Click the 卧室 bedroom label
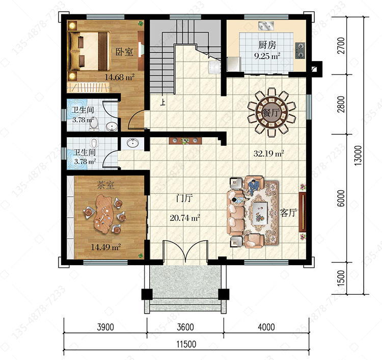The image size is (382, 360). [x=124, y=52]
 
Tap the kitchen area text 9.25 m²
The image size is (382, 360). [x=267, y=56]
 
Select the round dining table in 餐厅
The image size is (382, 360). [x=271, y=113]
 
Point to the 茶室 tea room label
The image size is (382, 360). [x=105, y=185]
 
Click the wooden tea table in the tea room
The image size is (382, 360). [x=104, y=214]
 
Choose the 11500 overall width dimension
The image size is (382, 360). [x=186, y=344]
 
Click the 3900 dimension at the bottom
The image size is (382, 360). [x=105, y=327]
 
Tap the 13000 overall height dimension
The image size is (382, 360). [x=358, y=156]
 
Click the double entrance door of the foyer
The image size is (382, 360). [x=185, y=251]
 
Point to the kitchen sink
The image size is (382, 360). [x=266, y=25]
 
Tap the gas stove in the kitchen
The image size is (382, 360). [x=300, y=50]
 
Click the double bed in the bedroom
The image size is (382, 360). [x=89, y=51]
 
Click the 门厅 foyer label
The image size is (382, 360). [x=184, y=198]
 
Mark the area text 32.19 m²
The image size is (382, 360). [x=268, y=153]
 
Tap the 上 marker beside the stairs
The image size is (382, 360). [x=162, y=102]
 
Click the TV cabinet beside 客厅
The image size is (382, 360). [x=303, y=212]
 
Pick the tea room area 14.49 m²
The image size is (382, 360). [x=106, y=247]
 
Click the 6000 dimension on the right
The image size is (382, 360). [x=341, y=198]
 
